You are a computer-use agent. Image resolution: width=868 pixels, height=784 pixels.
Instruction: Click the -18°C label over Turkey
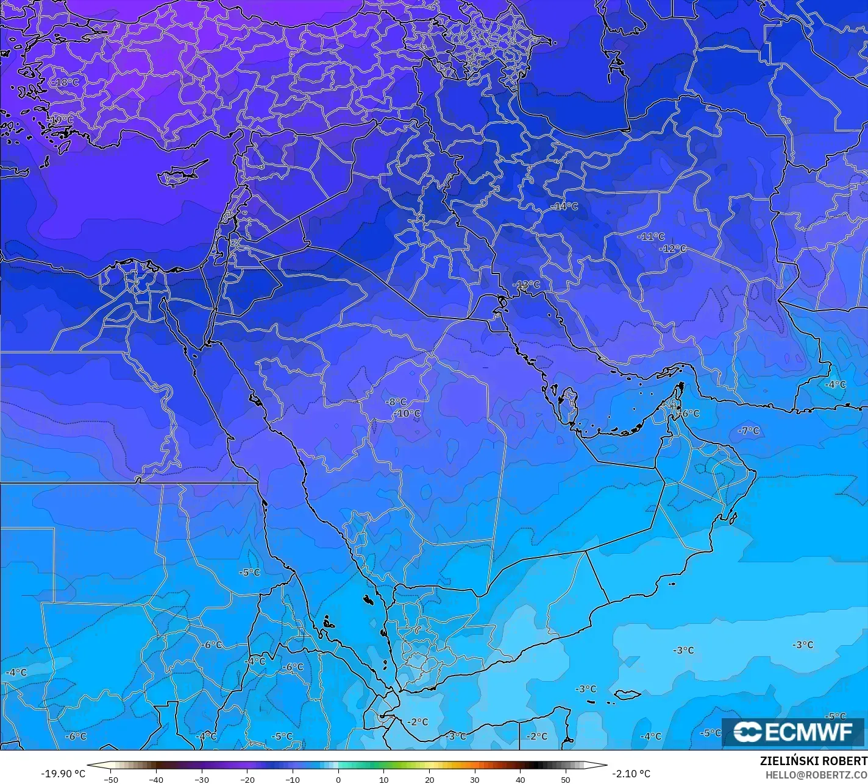(x=67, y=82)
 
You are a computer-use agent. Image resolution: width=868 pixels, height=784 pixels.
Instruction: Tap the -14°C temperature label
(x=564, y=207)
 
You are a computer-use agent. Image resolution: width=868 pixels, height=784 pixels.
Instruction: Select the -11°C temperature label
(x=651, y=236)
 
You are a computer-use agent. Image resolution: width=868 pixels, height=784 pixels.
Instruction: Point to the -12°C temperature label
(x=673, y=249)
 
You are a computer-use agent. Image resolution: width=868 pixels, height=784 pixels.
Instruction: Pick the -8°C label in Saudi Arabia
(x=396, y=402)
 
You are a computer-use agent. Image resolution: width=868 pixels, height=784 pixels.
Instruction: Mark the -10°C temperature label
(x=407, y=414)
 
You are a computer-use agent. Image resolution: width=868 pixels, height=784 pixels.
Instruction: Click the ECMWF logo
(x=793, y=732)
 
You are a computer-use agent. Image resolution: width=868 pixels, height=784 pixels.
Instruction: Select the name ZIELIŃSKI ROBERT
(x=813, y=761)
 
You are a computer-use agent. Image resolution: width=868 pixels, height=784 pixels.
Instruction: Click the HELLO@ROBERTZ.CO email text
(x=816, y=774)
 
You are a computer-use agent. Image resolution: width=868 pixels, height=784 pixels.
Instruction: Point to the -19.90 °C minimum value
(x=63, y=774)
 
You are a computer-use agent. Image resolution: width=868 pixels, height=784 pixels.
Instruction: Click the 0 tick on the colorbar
(x=338, y=779)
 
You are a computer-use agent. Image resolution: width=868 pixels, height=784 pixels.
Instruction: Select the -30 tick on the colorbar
(x=202, y=779)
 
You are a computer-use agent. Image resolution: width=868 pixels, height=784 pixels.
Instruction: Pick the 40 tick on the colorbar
(x=520, y=779)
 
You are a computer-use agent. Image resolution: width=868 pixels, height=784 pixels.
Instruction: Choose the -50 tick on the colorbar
(x=110, y=779)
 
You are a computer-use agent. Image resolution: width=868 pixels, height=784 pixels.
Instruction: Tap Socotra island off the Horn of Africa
(x=627, y=694)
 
